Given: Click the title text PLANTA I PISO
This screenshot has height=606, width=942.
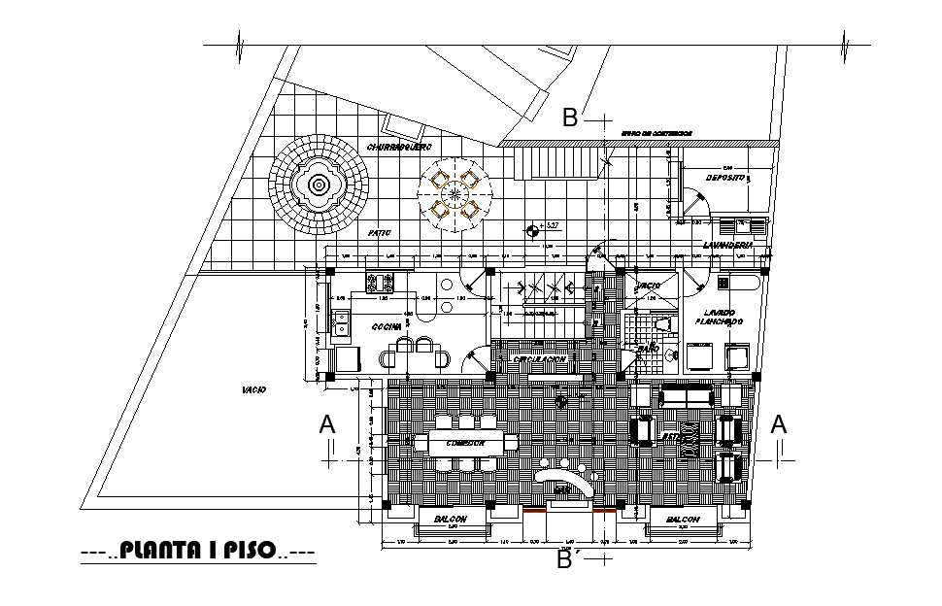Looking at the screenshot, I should [x=198, y=552].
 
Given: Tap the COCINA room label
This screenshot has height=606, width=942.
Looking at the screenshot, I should [x=387, y=327].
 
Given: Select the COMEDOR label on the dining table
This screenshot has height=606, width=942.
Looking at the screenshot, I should [x=466, y=444].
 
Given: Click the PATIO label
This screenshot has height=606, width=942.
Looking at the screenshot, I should [x=379, y=234].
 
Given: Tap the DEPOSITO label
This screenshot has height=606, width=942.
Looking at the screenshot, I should [x=725, y=180].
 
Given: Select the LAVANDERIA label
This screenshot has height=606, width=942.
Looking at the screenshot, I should [x=727, y=246].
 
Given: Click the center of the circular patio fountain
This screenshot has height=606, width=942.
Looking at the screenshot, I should [x=320, y=185].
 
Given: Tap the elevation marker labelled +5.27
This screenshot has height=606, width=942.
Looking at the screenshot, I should [x=532, y=230].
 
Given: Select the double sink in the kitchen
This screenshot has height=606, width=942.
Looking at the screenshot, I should [x=341, y=323].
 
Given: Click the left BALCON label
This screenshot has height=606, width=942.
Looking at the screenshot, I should [x=452, y=521].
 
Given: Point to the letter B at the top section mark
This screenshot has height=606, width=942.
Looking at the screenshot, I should [x=571, y=118].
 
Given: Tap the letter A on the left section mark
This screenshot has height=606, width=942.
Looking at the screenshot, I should [x=328, y=425].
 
